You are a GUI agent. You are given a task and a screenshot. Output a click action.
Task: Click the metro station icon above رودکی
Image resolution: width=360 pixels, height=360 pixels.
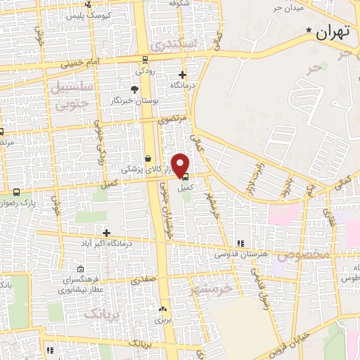[144, 60]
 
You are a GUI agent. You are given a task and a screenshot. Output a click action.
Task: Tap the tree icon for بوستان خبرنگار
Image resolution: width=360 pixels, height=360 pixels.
[133, 89]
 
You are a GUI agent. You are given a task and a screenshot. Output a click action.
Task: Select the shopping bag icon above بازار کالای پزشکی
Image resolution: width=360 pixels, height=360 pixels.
[148, 159]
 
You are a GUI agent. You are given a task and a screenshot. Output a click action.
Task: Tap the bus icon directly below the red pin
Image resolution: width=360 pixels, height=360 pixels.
[185, 178]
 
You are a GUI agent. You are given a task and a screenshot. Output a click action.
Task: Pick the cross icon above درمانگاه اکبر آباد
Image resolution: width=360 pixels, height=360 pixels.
[106, 233]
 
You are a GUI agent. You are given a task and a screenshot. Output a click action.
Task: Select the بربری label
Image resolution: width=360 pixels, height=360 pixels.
[163, 319]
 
